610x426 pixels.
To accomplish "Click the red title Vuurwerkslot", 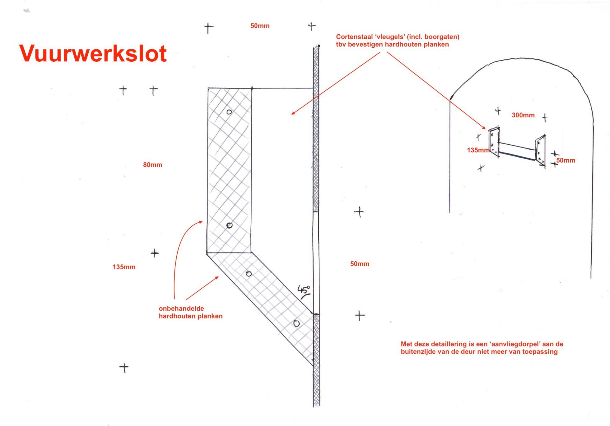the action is [93, 53].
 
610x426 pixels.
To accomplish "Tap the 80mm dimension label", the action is [152, 165].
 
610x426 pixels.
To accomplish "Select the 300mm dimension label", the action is [523, 115].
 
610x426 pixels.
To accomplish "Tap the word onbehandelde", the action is [181, 308].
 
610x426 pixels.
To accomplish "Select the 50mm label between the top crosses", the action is [260, 26].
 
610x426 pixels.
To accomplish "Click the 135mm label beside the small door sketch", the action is [478, 150].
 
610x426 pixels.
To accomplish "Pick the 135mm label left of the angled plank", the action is [124, 267].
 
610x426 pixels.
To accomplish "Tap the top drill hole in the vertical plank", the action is [229, 112].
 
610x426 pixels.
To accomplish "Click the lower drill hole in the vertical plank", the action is [229, 225].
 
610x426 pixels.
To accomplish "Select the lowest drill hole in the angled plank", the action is [296, 323].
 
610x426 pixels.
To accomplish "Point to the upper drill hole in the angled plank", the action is [249, 274].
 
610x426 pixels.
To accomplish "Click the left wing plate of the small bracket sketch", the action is [494, 142].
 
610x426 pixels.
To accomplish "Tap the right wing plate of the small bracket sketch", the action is [541, 151].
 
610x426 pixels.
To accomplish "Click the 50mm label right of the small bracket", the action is [566, 161].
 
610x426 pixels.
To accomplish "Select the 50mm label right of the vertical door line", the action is [360, 264].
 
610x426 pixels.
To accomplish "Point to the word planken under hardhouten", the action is [210, 316].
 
